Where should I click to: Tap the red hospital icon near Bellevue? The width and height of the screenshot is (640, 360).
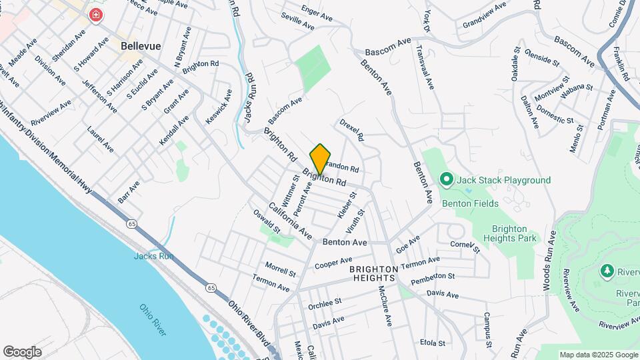[x=96, y=15]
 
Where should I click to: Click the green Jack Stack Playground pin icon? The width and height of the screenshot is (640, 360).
[x=446, y=179]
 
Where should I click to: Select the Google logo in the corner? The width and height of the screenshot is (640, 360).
[x=22, y=351]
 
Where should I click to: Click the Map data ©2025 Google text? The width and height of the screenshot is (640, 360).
[x=597, y=355]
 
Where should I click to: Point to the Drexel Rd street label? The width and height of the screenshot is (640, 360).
[x=351, y=129]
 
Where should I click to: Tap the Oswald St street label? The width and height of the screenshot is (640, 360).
[x=266, y=222]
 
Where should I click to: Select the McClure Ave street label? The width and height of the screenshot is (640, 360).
[x=385, y=306]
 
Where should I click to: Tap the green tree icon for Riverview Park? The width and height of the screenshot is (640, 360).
[x=607, y=271]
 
